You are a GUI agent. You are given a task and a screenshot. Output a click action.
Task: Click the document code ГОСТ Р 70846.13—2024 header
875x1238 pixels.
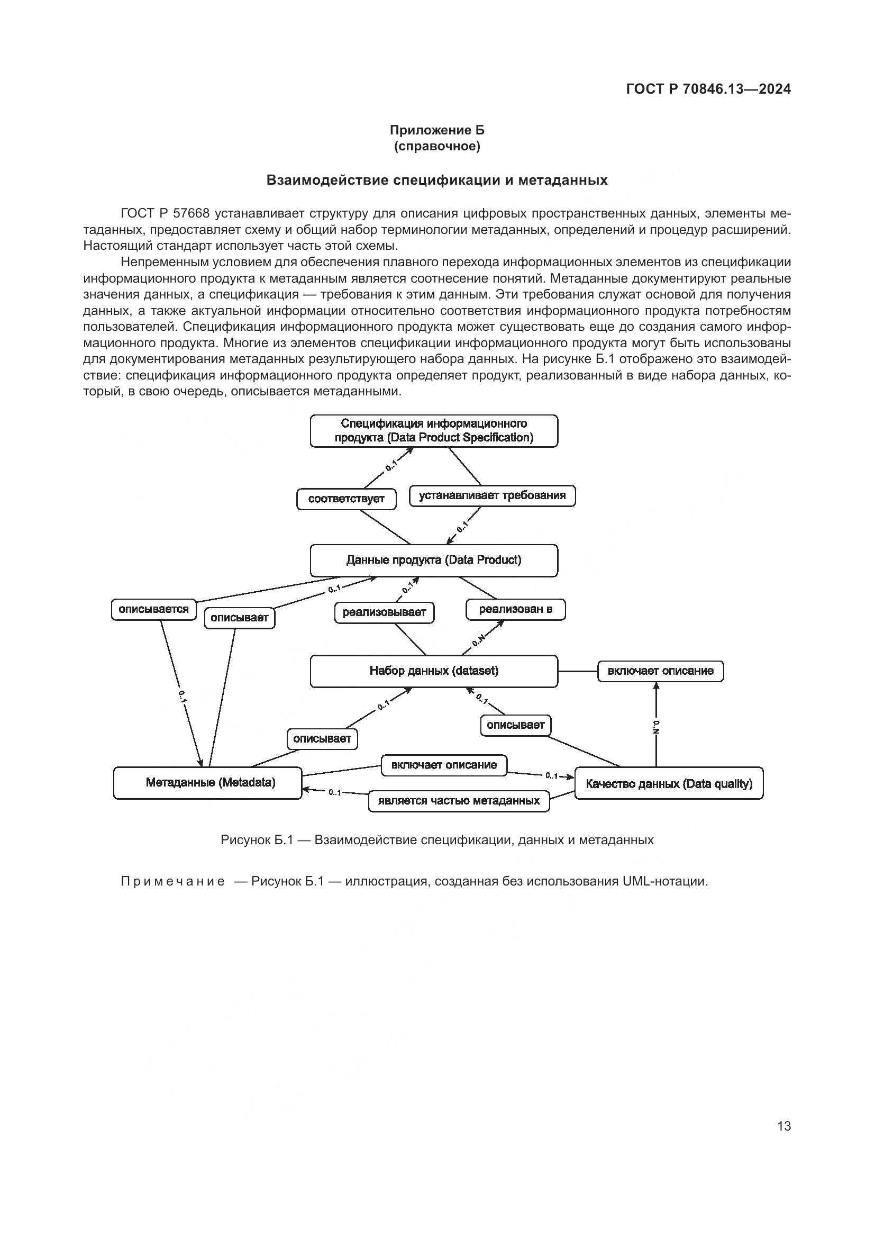[708, 89]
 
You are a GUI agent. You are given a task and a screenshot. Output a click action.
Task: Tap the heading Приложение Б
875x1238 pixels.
[437, 130]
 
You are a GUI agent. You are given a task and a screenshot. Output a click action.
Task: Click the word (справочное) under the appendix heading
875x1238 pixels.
[437, 146]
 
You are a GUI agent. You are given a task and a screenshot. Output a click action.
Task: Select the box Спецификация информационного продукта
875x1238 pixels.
[434, 431]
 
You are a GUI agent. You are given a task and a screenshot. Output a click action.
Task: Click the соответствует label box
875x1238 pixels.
[347, 499]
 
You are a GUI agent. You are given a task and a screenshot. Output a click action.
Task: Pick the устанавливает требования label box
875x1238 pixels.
[492, 495]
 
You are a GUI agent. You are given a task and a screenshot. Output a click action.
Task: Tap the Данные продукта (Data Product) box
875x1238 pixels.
[434, 560]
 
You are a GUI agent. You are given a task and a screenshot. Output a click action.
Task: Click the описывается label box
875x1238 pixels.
[153, 609]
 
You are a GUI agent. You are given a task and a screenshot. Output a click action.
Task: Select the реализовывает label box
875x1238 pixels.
[384, 612]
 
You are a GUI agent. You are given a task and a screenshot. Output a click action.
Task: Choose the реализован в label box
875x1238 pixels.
[516, 609]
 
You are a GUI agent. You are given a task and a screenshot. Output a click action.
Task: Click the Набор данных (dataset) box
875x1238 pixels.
[434, 671]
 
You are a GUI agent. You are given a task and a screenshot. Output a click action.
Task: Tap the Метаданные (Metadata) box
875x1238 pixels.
[207, 782]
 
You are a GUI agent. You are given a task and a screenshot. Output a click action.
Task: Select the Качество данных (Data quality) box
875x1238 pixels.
[669, 783]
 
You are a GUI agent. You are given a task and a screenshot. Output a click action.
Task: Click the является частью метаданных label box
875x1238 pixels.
[459, 801]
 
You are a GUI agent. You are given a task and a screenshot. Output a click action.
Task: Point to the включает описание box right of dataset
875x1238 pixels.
[661, 671]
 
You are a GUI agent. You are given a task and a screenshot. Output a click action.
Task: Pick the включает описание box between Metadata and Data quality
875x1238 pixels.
[444, 765]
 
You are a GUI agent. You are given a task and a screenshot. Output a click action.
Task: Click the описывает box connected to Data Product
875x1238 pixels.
[240, 618]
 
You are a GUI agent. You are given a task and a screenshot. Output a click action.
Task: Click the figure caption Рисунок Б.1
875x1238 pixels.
[437, 839]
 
